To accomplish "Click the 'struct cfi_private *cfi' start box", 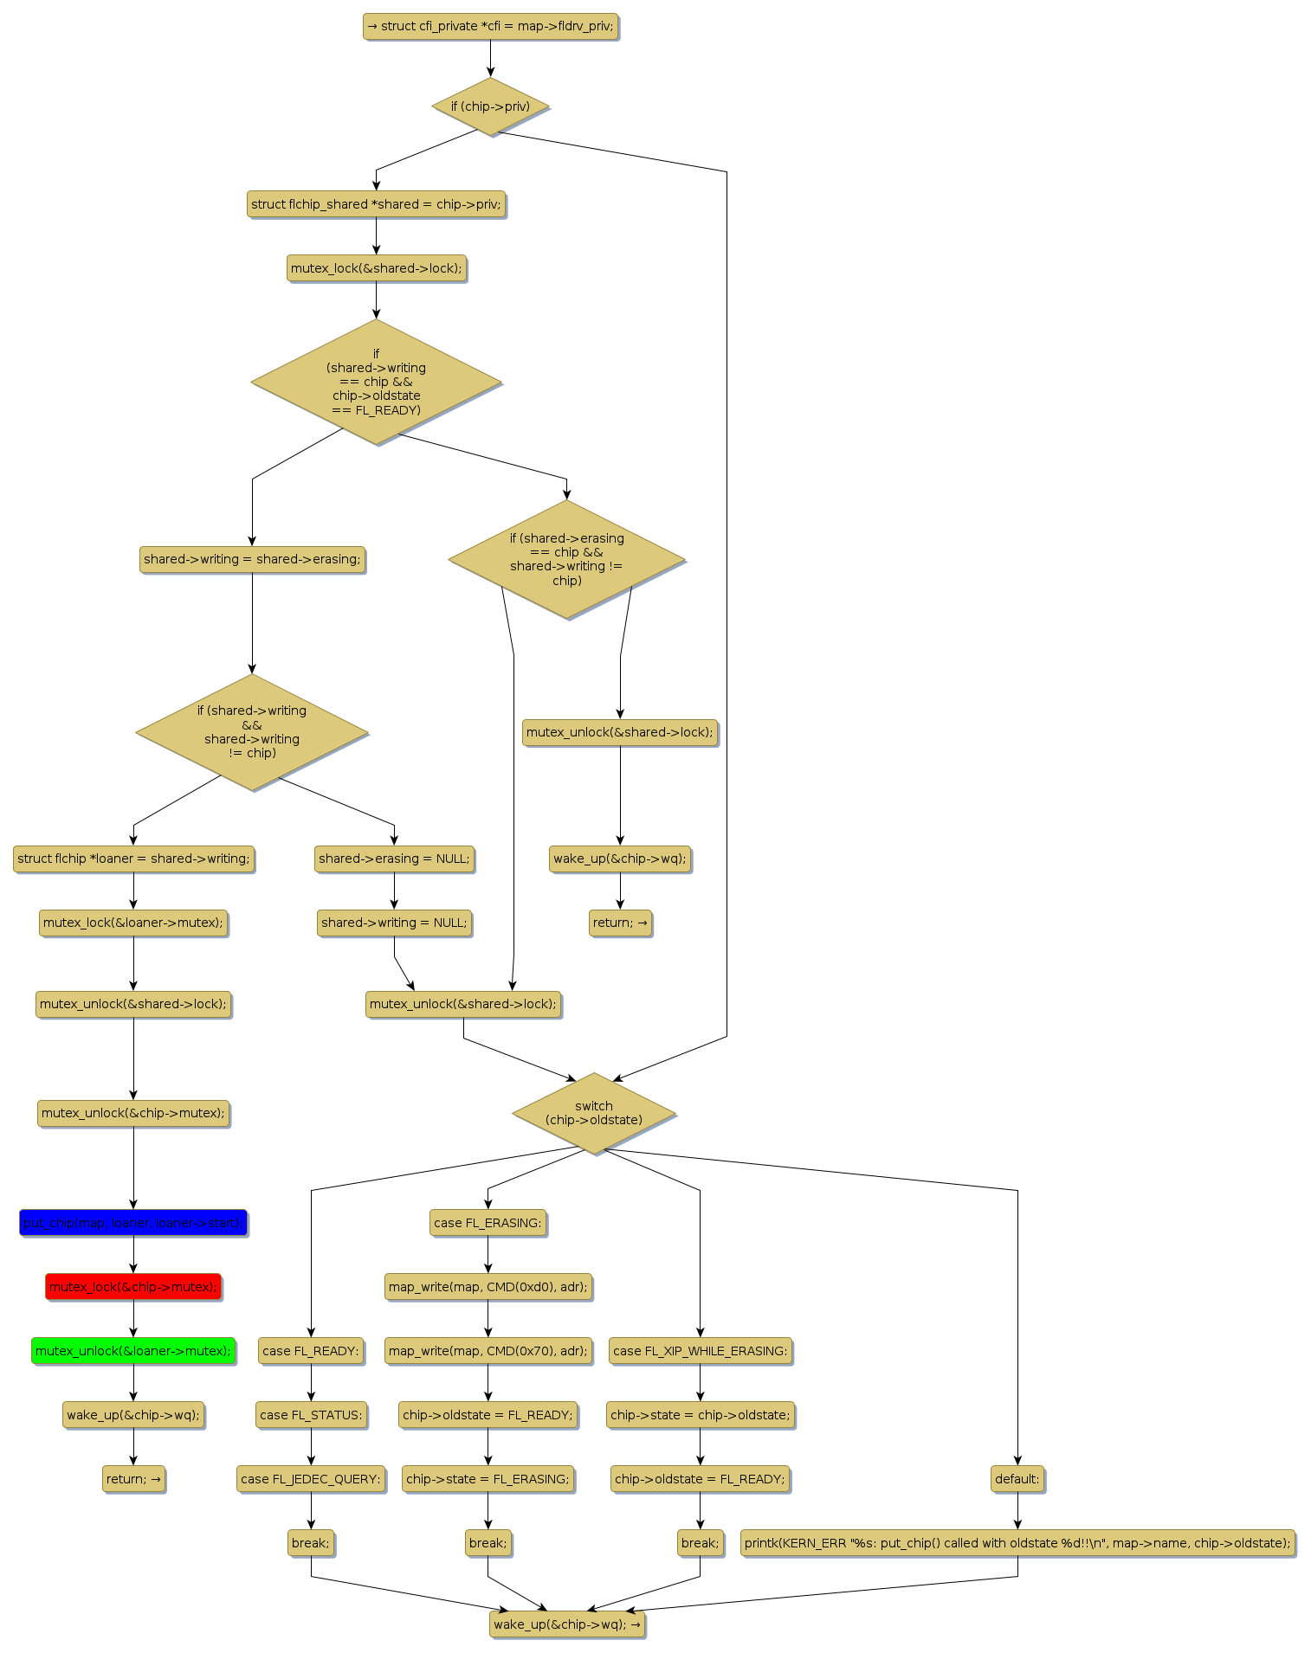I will coord(490,26).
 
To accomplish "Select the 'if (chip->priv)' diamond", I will coord(490,106).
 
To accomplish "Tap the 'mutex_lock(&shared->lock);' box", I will coord(376,268).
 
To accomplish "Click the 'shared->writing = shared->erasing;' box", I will coord(252,559).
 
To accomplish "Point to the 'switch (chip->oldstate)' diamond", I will coord(593,1113).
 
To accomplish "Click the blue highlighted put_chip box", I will coord(133,1223).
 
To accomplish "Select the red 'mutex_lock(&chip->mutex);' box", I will coord(133,1287).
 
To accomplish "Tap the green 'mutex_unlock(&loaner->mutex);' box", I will coord(133,1351).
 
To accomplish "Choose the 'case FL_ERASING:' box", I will coord(488,1223).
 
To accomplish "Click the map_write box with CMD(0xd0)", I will coord(488,1287).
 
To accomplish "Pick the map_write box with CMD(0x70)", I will coord(488,1351).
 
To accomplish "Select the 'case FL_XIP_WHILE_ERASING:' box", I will coord(700,1351).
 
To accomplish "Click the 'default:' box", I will coord(1017,1479).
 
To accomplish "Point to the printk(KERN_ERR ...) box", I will coord(1017,1543).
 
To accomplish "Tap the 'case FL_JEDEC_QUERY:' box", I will coord(311,1479).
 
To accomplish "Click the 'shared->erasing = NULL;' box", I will coord(394,859).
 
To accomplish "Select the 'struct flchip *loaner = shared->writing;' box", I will coord(133,859).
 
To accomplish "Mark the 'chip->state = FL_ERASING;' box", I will coord(488,1479).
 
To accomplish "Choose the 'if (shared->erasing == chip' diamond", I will coord(566,559).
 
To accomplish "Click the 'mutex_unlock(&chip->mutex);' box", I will coord(133,1113).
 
